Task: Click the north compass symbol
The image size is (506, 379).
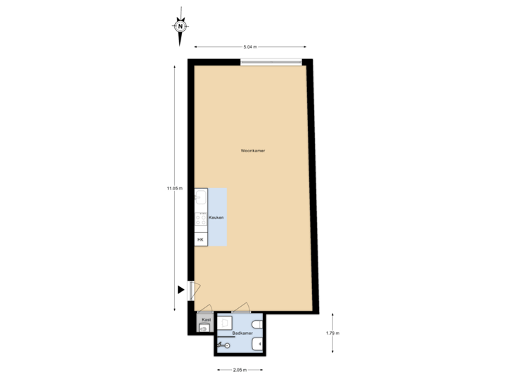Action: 181,27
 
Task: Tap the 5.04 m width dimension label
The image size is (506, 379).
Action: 250,47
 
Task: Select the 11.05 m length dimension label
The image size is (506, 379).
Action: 174,188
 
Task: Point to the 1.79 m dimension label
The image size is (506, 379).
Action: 332,333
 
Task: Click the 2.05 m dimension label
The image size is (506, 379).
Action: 240,370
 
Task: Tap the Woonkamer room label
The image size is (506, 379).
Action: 252,151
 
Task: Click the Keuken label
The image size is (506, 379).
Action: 216,219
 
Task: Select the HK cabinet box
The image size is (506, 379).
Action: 201,240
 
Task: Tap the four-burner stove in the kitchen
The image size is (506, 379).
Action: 201,222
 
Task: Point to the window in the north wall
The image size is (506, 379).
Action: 272,62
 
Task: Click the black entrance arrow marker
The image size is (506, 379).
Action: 181,289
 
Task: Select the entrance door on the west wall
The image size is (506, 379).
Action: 193,291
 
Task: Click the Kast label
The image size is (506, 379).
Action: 206,319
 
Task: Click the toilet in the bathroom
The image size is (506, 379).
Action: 258,324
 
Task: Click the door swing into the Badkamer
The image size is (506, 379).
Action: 242,307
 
